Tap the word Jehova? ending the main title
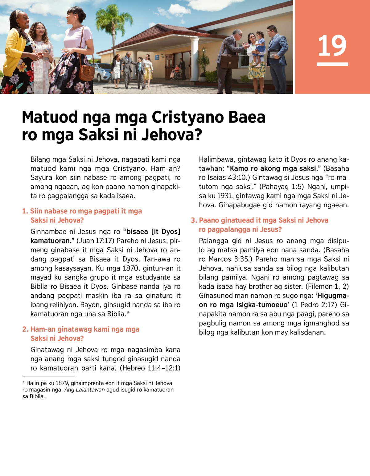pyautogui.click(x=172, y=135)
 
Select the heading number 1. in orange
pyautogui.click(x=25, y=211)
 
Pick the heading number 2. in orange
pyautogui.click(x=25, y=329)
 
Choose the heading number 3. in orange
pyautogui.click(x=194, y=220)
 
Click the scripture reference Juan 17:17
pyautogui.click(x=96, y=241)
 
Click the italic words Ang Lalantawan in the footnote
pyautogui.click(x=84, y=390)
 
